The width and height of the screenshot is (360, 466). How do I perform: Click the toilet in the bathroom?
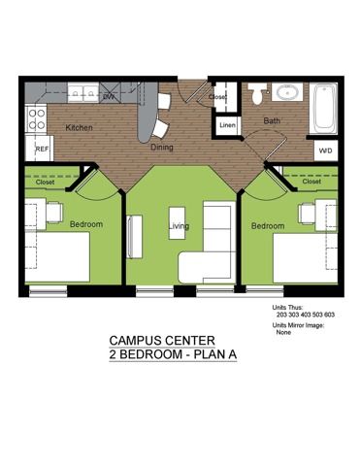(258, 93)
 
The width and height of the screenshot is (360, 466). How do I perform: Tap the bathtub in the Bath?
(323, 108)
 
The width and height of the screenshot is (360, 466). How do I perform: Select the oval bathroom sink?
(287, 92)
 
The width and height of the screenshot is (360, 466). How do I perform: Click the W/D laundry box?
(326, 150)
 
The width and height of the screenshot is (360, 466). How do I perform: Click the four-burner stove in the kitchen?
(36, 118)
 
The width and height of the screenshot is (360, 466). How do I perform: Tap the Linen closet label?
(227, 125)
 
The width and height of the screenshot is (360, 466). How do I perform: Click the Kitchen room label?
(79, 128)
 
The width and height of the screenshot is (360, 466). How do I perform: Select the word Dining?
(162, 148)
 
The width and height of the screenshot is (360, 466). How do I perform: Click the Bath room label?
(272, 121)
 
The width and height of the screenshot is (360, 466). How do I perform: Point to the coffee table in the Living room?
(177, 223)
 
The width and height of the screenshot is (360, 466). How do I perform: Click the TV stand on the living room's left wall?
(134, 237)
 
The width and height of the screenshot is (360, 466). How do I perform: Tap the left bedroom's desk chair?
(54, 213)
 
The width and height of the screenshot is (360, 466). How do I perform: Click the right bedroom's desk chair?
(307, 213)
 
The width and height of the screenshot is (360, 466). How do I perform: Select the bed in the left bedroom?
(57, 257)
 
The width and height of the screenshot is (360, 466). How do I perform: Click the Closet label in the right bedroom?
(311, 182)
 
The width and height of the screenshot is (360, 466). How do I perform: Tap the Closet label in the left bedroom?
(45, 183)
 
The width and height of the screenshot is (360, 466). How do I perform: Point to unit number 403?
(304, 315)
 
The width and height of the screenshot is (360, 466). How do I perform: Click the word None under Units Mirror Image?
(283, 332)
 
